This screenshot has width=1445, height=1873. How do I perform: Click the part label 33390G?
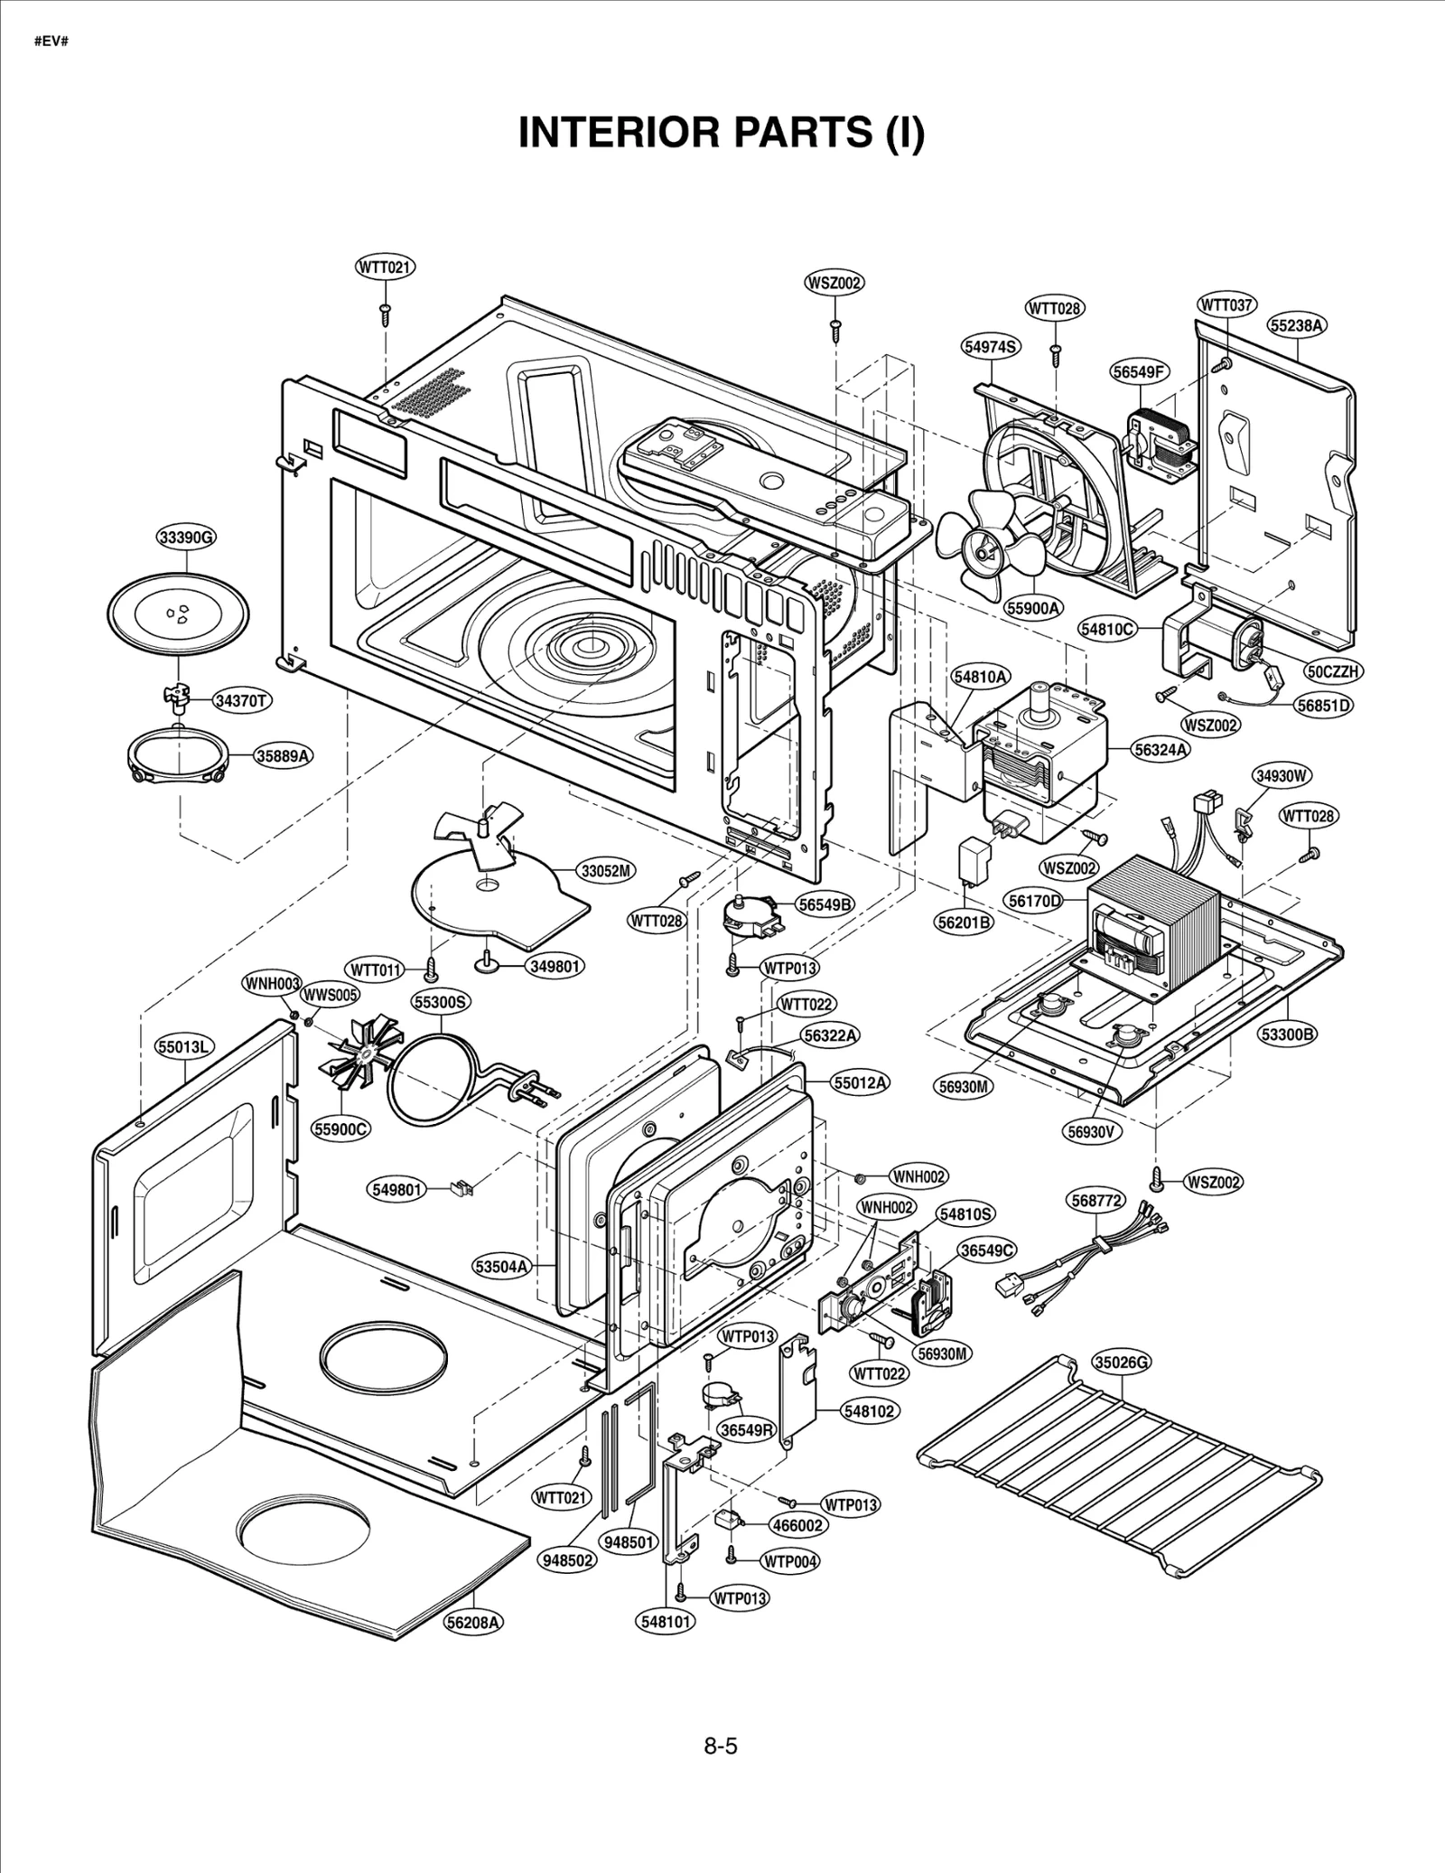[186, 538]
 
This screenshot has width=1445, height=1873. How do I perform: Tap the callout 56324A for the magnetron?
[1161, 749]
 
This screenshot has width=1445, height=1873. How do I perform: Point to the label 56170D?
[1035, 901]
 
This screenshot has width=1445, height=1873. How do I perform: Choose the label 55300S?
[441, 1002]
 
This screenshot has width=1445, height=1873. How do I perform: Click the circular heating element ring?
[432, 1080]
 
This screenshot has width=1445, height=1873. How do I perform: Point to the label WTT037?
[1226, 305]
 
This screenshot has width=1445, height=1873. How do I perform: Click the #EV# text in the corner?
[51, 42]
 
